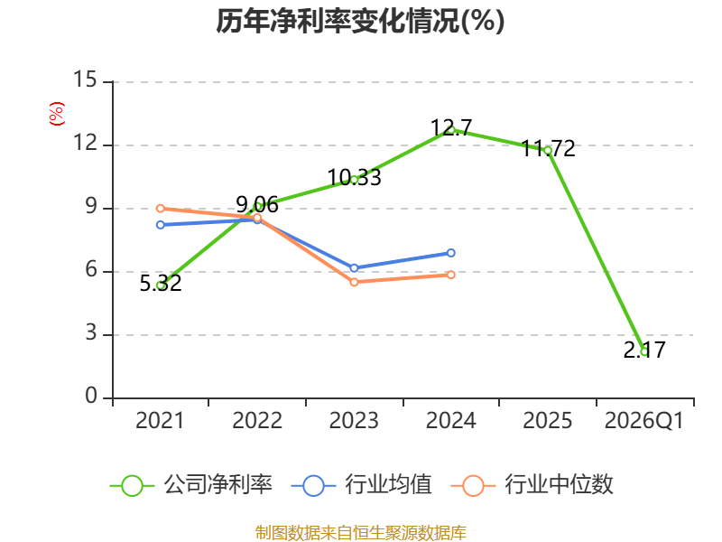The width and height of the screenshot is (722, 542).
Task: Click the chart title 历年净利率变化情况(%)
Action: pyautogui.click(x=360, y=21)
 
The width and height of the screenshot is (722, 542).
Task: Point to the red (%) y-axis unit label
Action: pyautogui.click(x=57, y=114)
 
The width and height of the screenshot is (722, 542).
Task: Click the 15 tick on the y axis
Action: pyautogui.click(x=85, y=79)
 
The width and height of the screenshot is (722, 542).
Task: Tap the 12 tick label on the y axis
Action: pyautogui.click(x=85, y=143)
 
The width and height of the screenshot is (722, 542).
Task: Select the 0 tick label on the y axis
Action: pyautogui.click(x=91, y=396)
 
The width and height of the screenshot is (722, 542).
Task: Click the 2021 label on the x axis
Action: pyautogui.click(x=160, y=420)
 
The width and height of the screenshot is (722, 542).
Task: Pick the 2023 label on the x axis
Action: pyautogui.click(x=354, y=420)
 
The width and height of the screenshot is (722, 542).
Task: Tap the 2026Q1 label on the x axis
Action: pyautogui.click(x=644, y=420)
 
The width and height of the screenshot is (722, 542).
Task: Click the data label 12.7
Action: pyautogui.click(x=451, y=127)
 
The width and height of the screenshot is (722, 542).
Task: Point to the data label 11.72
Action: pyautogui.click(x=548, y=148)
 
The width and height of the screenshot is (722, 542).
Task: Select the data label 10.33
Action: pyautogui.click(x=354, y=177)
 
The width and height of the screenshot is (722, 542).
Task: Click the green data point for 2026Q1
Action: pyautogui.click(x=644, y=351)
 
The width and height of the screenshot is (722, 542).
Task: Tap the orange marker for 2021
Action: pyautogui.click(x=161, y=209)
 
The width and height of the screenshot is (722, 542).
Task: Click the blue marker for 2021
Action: pyautogui.click(x=161, y=225)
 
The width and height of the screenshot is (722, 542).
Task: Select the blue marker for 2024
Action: pyautogui.click(x=450, y=253)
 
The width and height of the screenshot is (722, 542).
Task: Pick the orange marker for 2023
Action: pyautogui.click(x=354, y=282)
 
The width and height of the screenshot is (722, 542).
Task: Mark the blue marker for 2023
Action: pyautogui.click(x=354, y=268)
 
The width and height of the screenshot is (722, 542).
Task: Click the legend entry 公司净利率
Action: pyautogui.click(x=191, y=485)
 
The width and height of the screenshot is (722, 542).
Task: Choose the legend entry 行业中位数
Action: pyautogui.click(x=532, y=485)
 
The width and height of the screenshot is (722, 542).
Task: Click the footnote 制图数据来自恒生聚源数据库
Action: pyautogui.click(x=361, y=533)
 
